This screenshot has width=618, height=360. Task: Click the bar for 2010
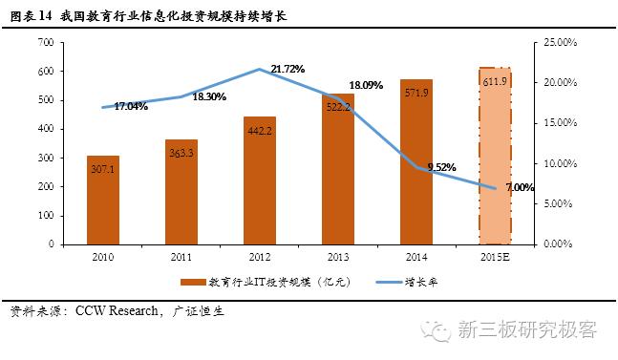pyautogui.click(x=103, y=200)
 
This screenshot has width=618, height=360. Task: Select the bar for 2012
pyautogui.click(x=260, y=180)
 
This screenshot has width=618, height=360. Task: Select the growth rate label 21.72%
pyautogui.click(x=288, y=69)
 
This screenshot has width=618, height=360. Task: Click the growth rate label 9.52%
pyautogui.click(x=441, y=167)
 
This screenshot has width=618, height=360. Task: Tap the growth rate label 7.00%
pyautogui.click(x=520, y=187)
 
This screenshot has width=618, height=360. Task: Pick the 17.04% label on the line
pyautogui.click(x=131, y=106)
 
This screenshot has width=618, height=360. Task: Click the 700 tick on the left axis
pyautogui.click(x=44, y=43)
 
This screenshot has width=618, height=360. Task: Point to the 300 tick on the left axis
pyautogui.click(x=44, y=158)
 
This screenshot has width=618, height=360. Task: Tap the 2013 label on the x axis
pyautogui.click(x=337, y=256)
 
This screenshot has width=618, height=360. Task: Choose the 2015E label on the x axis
pyautogui.click(x=494, y=256)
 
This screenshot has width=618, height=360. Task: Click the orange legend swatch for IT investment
pyautogui.click(x=187, y=283)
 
